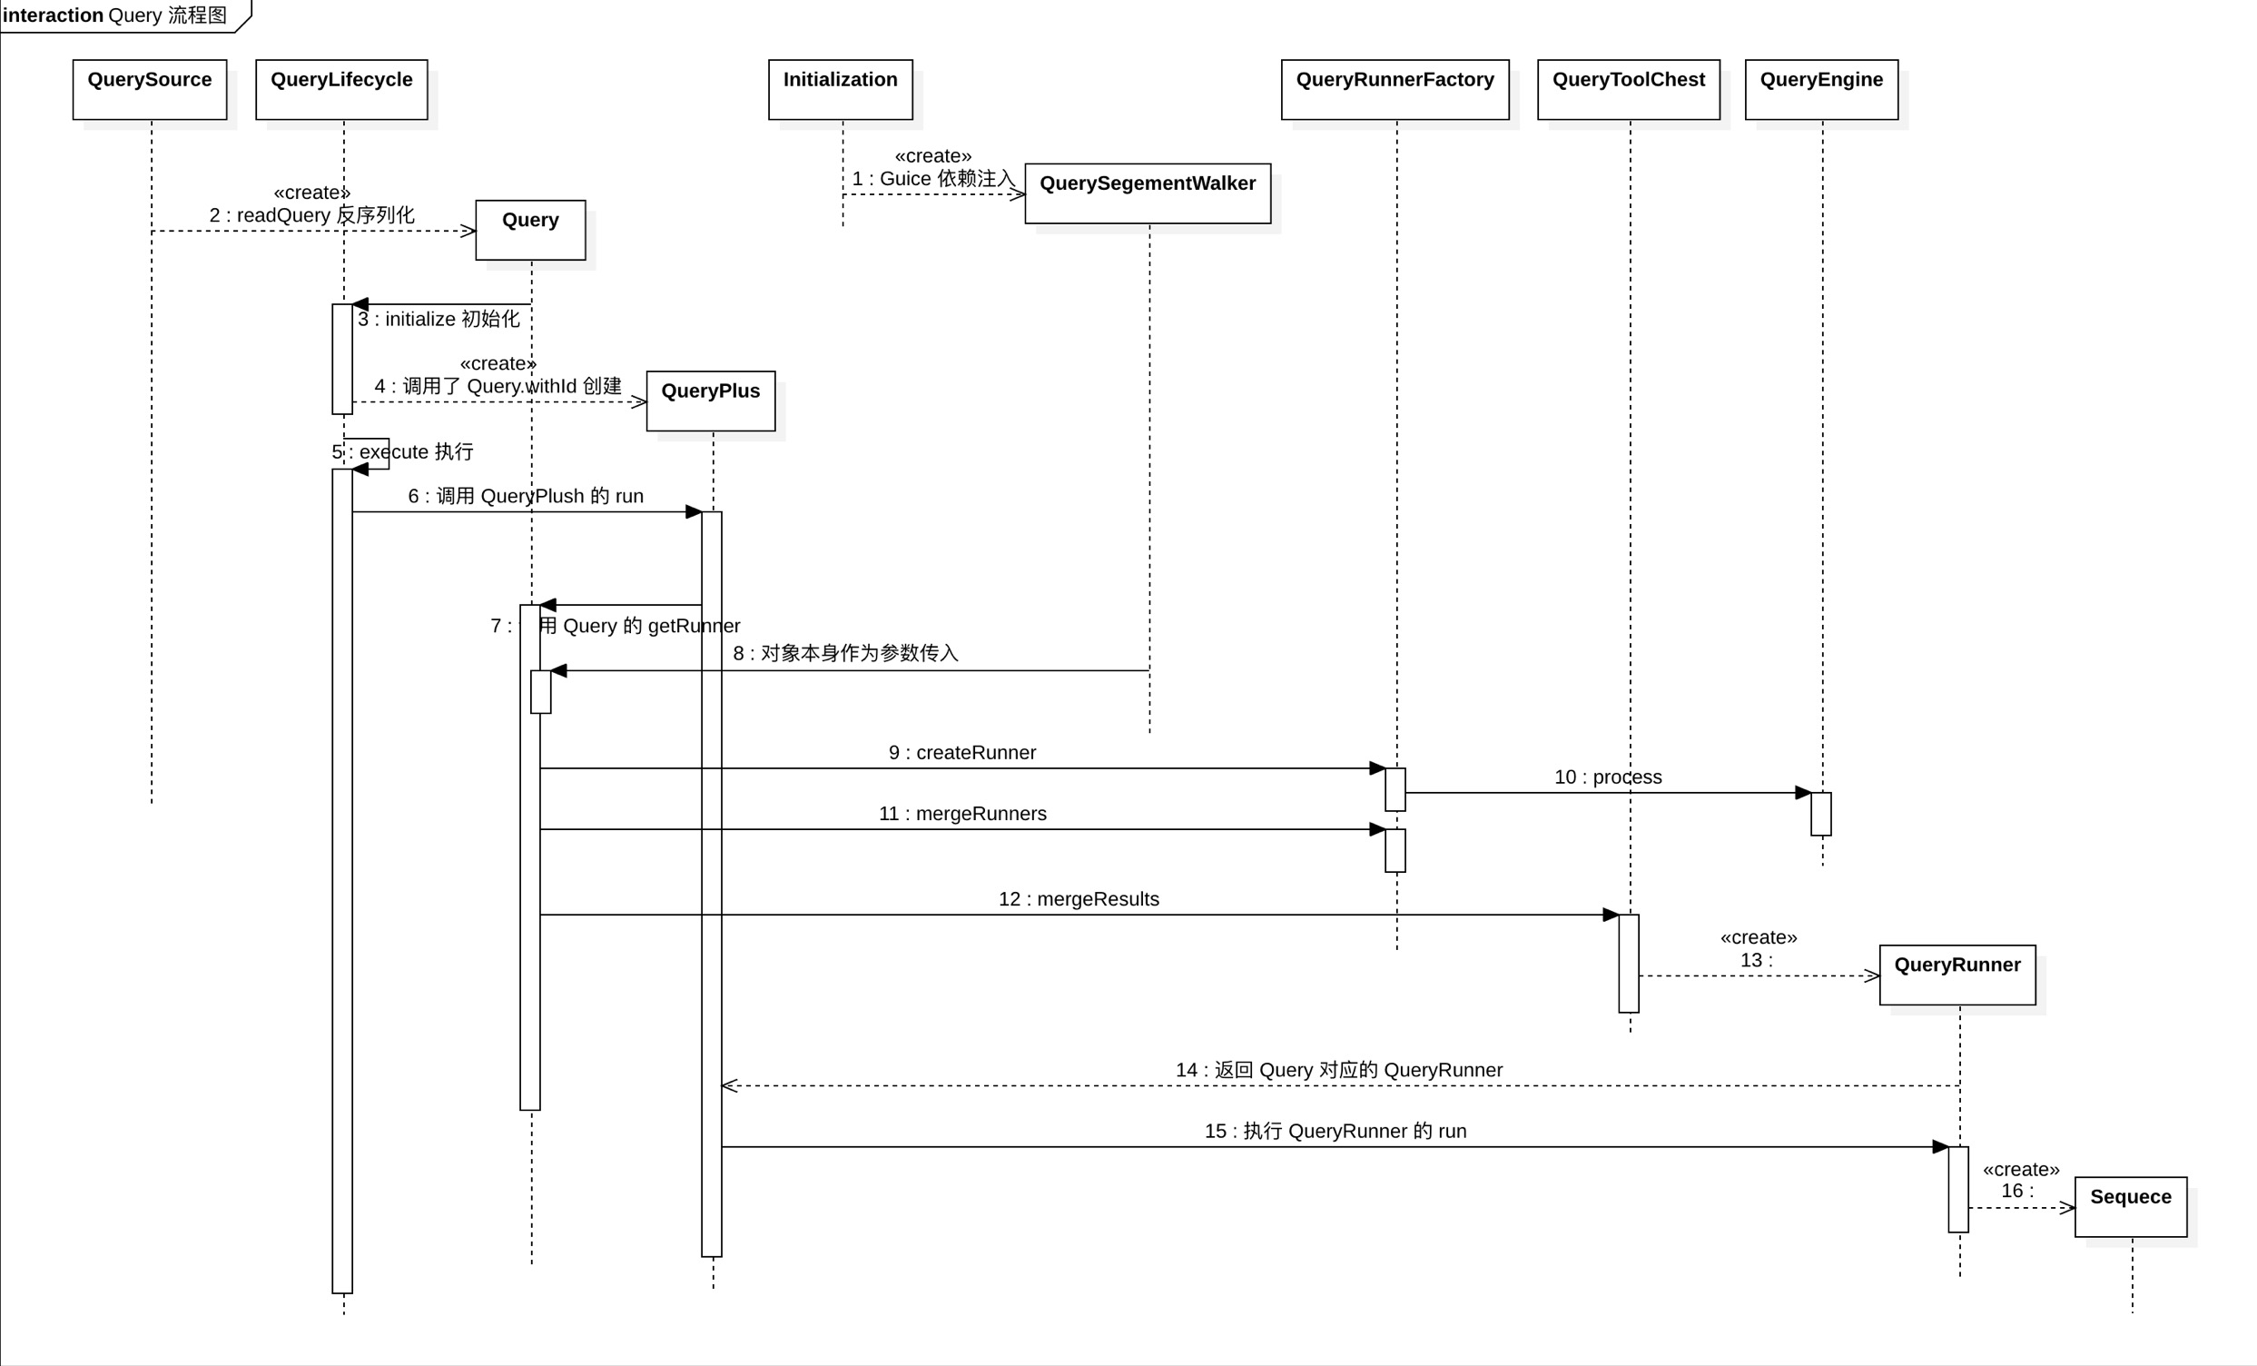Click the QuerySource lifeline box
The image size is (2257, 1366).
click(149, 89)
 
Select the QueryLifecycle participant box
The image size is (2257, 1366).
click(341, 89)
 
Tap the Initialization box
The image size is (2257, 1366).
click(840, 89)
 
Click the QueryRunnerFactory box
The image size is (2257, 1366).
click(1395, 89)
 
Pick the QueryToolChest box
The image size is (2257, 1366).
click(1628, 89)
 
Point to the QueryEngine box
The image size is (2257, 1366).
click(1821, 89)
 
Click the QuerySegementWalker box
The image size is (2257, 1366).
click(1147, 193)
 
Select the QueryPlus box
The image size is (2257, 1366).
click(710, 401)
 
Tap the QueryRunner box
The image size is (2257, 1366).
click(1956, 975)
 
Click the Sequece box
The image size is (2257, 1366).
click(2130, 1206)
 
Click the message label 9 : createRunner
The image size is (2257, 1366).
click(961, 752)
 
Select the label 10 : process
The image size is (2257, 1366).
click(1608, 777)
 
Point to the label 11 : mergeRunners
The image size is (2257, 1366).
click(961, 814)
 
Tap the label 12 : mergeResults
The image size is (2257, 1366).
click(1079, 899)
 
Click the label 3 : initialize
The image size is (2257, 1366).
click(438, 319)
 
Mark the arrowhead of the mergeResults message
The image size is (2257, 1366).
click(1611, 915)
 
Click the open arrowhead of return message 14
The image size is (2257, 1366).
click(729, 1085)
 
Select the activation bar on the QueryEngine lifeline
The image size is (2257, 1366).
click(1820, 814)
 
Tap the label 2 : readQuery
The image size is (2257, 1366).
click(311, 215)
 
